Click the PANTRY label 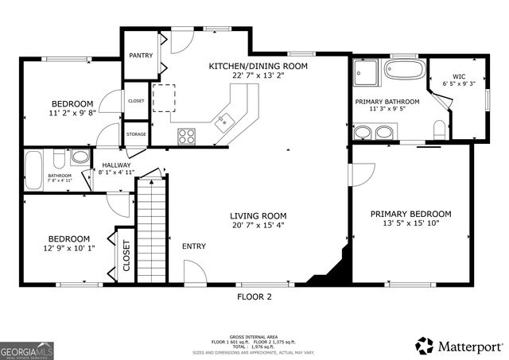pos(141,56)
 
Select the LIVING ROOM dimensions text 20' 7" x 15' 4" pos(258,226)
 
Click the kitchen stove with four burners pos(187,136)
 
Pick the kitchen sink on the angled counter pos(225,122)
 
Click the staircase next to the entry pos(150,230)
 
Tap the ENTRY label pos(194,246)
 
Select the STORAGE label pos(136,134)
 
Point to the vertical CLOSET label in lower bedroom pos(126,256)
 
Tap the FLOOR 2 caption pos(254,296)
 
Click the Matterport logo pos(460,346)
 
